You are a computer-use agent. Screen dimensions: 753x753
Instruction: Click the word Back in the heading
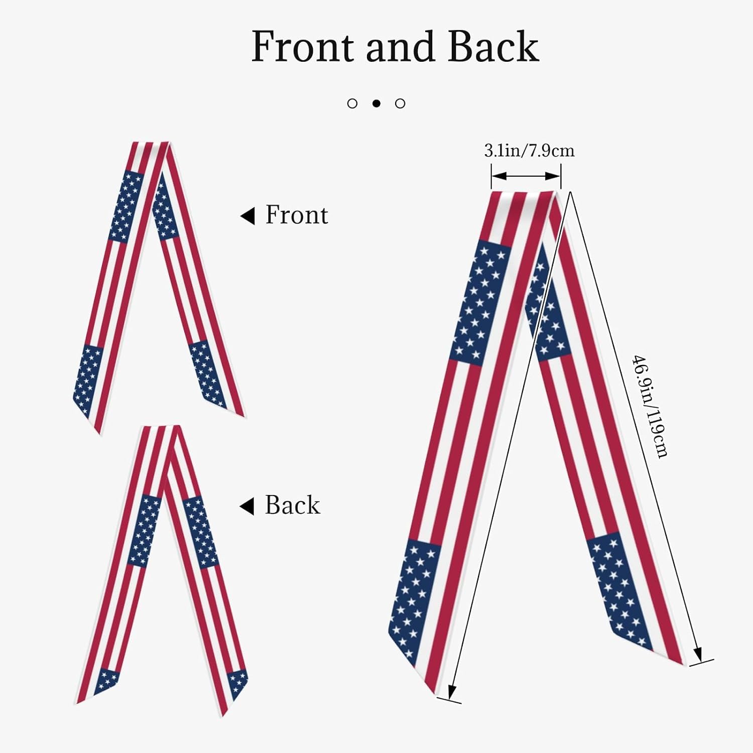click(493, 46)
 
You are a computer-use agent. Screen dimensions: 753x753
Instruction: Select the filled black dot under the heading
click(376, 103)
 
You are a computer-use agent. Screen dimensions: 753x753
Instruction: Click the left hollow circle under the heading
click(352, 103)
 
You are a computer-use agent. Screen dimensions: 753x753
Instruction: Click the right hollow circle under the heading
click(400, 103)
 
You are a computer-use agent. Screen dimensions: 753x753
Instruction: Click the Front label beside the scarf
click(297, 215)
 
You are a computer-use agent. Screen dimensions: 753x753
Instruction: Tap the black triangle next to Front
click(247, 216)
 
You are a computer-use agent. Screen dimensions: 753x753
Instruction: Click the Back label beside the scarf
click(292, 505)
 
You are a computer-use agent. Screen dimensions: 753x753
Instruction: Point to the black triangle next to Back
click(247, 507)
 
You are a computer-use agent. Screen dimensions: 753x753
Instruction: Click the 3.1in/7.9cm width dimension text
click(529, 151)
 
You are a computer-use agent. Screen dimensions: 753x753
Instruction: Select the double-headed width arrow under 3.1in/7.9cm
click(526, 176)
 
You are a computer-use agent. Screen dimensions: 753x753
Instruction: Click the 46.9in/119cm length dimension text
click(650, 406)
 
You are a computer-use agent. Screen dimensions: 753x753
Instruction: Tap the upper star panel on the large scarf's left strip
click(481, 303)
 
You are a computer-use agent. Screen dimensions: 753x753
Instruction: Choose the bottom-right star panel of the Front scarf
click(208, 374)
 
